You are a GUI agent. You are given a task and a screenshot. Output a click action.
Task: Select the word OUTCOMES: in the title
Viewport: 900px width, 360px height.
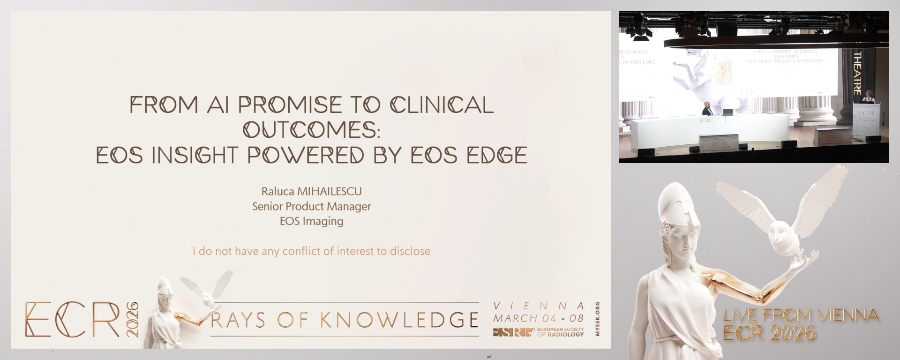[x=312, y=130]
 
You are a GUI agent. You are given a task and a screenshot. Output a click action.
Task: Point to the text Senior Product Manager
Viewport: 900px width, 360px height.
[x=312, y=206]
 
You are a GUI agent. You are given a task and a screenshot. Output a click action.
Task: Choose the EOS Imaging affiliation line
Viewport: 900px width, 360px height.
[x=312, y=221]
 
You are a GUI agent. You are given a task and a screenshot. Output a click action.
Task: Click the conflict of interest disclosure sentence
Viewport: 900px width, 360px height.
[x=312, y=251]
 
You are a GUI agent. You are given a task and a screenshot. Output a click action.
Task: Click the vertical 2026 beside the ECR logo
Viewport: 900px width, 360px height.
[x=133, y=319]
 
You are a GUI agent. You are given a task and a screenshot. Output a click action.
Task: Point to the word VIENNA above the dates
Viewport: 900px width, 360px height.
[x=539, y=306]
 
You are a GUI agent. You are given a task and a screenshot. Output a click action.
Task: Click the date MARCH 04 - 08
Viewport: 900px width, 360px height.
[x=539, y=319]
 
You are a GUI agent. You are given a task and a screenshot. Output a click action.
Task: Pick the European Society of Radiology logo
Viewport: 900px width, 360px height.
[x=539, y=332]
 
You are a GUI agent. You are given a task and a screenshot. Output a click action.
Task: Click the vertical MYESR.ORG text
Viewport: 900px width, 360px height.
[x=597, y=319]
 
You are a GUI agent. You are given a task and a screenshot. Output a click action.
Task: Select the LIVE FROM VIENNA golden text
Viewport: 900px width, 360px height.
[x=801, y=315]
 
